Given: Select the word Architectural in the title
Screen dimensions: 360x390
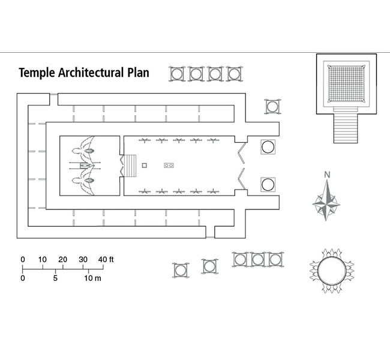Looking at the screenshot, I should click(x=92, y=73).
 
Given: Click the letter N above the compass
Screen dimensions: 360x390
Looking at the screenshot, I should click(x=327, y=175).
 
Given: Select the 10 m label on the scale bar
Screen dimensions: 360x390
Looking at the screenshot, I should click(x=92, y=279).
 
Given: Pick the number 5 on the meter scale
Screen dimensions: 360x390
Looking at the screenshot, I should click(x=55, y=279).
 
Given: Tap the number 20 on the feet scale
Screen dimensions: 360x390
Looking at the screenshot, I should click(x=62, y=259).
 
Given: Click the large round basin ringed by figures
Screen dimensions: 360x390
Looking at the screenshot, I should click(x=334, y=271).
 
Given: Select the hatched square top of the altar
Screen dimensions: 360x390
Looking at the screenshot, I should click(x=346, y=85).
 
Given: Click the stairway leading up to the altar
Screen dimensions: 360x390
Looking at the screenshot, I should click(x=346, y=128).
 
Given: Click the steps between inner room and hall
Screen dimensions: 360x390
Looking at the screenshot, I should click(x=130, y=165).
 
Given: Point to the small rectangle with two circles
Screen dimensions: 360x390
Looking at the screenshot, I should click(x=169, y=164).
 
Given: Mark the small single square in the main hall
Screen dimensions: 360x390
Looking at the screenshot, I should click(x=144, y=164).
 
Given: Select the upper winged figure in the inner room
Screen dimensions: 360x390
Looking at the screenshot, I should click(x=88, y=146).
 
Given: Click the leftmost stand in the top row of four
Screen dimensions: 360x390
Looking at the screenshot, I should click(x=176, y=74).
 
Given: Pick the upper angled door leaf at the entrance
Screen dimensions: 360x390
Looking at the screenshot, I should click(x=241, y=151).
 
